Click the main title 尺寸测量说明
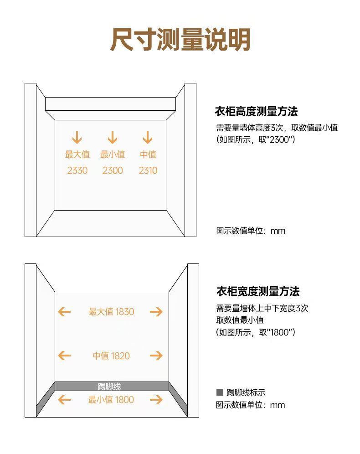coord(180,40)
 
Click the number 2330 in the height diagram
coord(77,170)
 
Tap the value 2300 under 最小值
coord(113,170)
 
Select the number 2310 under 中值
coord(148,170)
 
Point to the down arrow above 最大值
coord(77,137)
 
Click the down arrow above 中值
coord(147,137)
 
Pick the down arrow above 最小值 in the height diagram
coord(112,137)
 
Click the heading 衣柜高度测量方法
coord(256,111)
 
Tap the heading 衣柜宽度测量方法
coord(257,291)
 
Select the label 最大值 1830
coord(111,312)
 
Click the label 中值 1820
coord(111,356)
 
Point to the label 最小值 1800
coord(111,400)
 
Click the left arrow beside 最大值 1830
coord(64,312)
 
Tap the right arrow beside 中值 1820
coord(156,356)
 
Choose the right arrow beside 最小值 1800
coord(156,400)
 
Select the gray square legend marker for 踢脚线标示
coord(220,392)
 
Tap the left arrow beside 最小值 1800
coord(64,400)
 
